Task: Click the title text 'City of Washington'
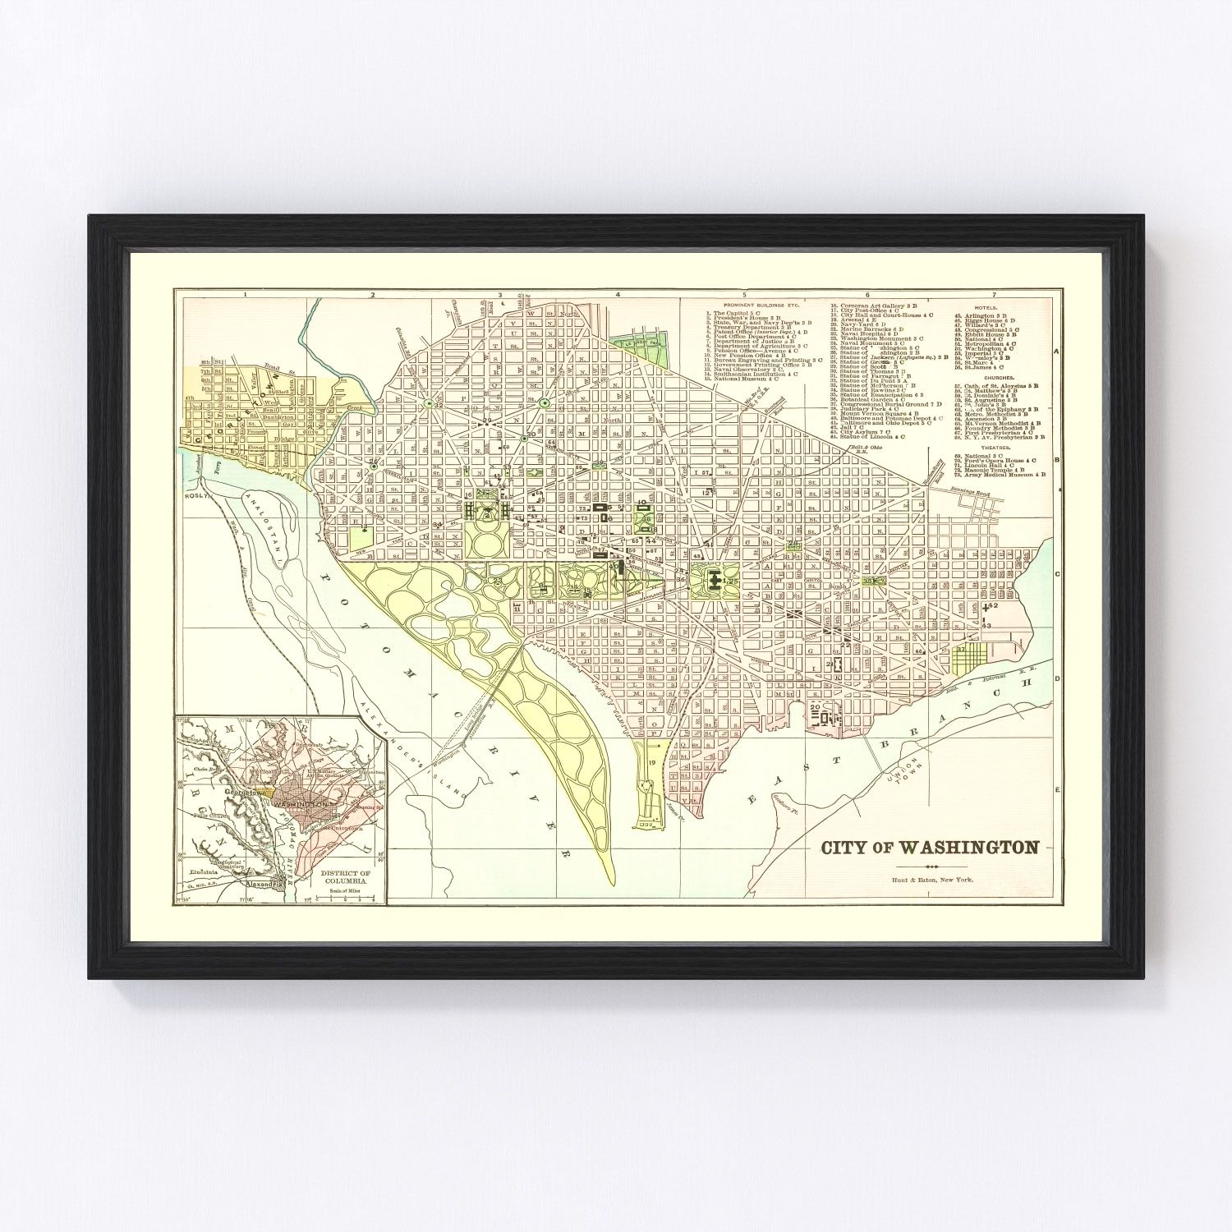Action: tap(931, 848)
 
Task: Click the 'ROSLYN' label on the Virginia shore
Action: tap(195, 496)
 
